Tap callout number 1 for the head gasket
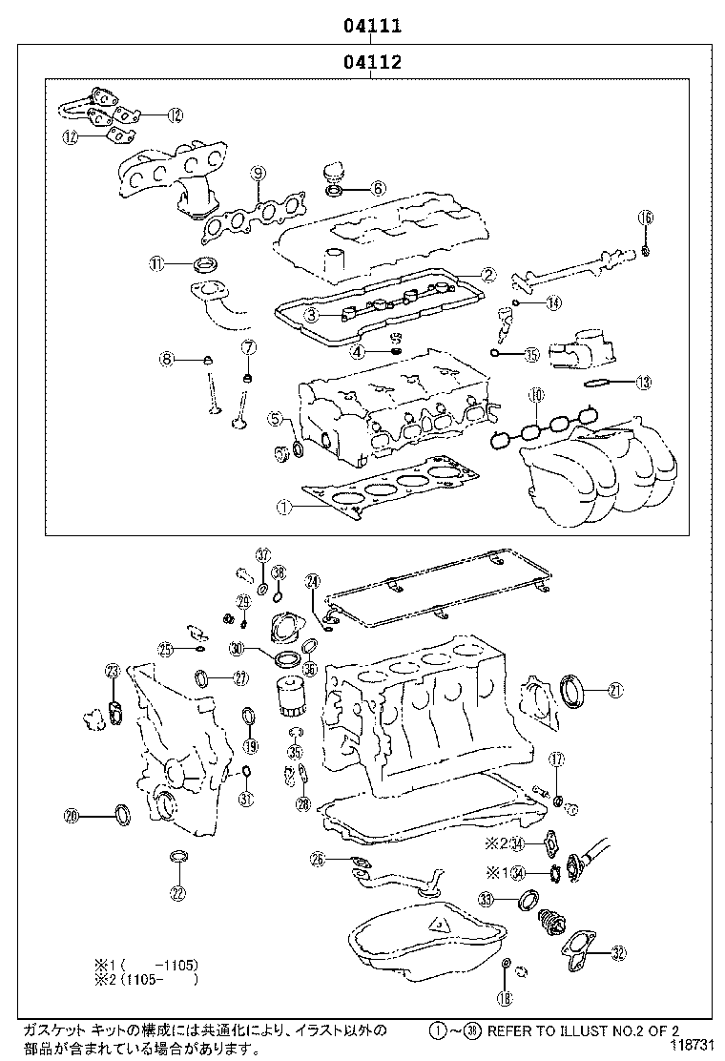click(283, 508)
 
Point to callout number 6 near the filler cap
click(377, 188)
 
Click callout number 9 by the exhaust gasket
click(258, 173)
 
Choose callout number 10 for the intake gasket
click(536, 395)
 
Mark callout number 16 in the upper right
click(646, 218)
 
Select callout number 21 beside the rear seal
click(615, 691)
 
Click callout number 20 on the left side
click(71, 816)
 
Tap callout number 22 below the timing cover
click(178, 893)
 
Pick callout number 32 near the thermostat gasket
click(619, 952)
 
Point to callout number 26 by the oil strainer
click(318, 860)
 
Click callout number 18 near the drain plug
click(505, 998)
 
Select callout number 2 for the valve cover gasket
click(487, 275)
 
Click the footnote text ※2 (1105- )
click(146, 979)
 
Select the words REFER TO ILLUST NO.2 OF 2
click(583, 1030)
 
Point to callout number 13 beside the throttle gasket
click(644, 383)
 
